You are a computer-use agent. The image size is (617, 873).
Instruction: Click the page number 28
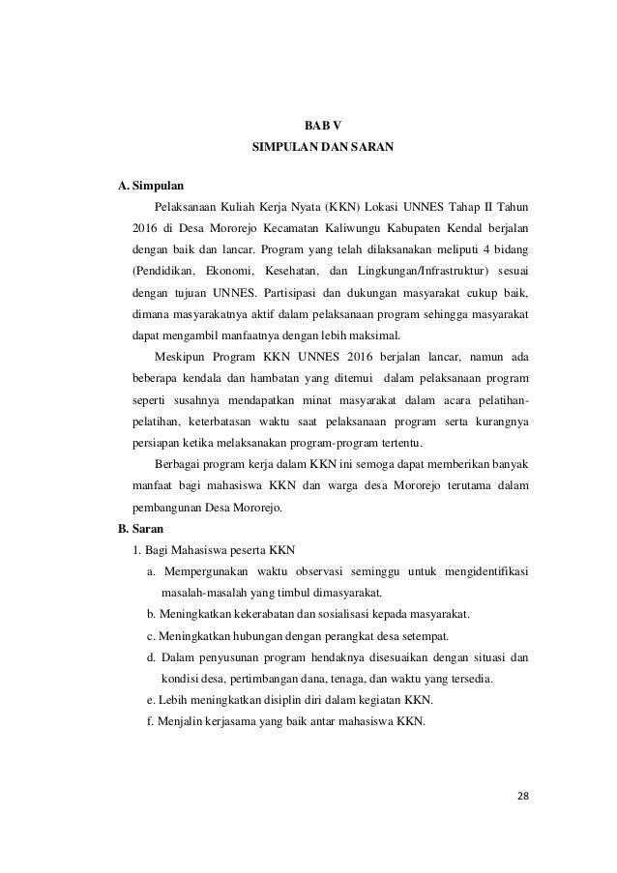tap(522, 796)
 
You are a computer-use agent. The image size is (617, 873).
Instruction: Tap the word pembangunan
tap(171, 509)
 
